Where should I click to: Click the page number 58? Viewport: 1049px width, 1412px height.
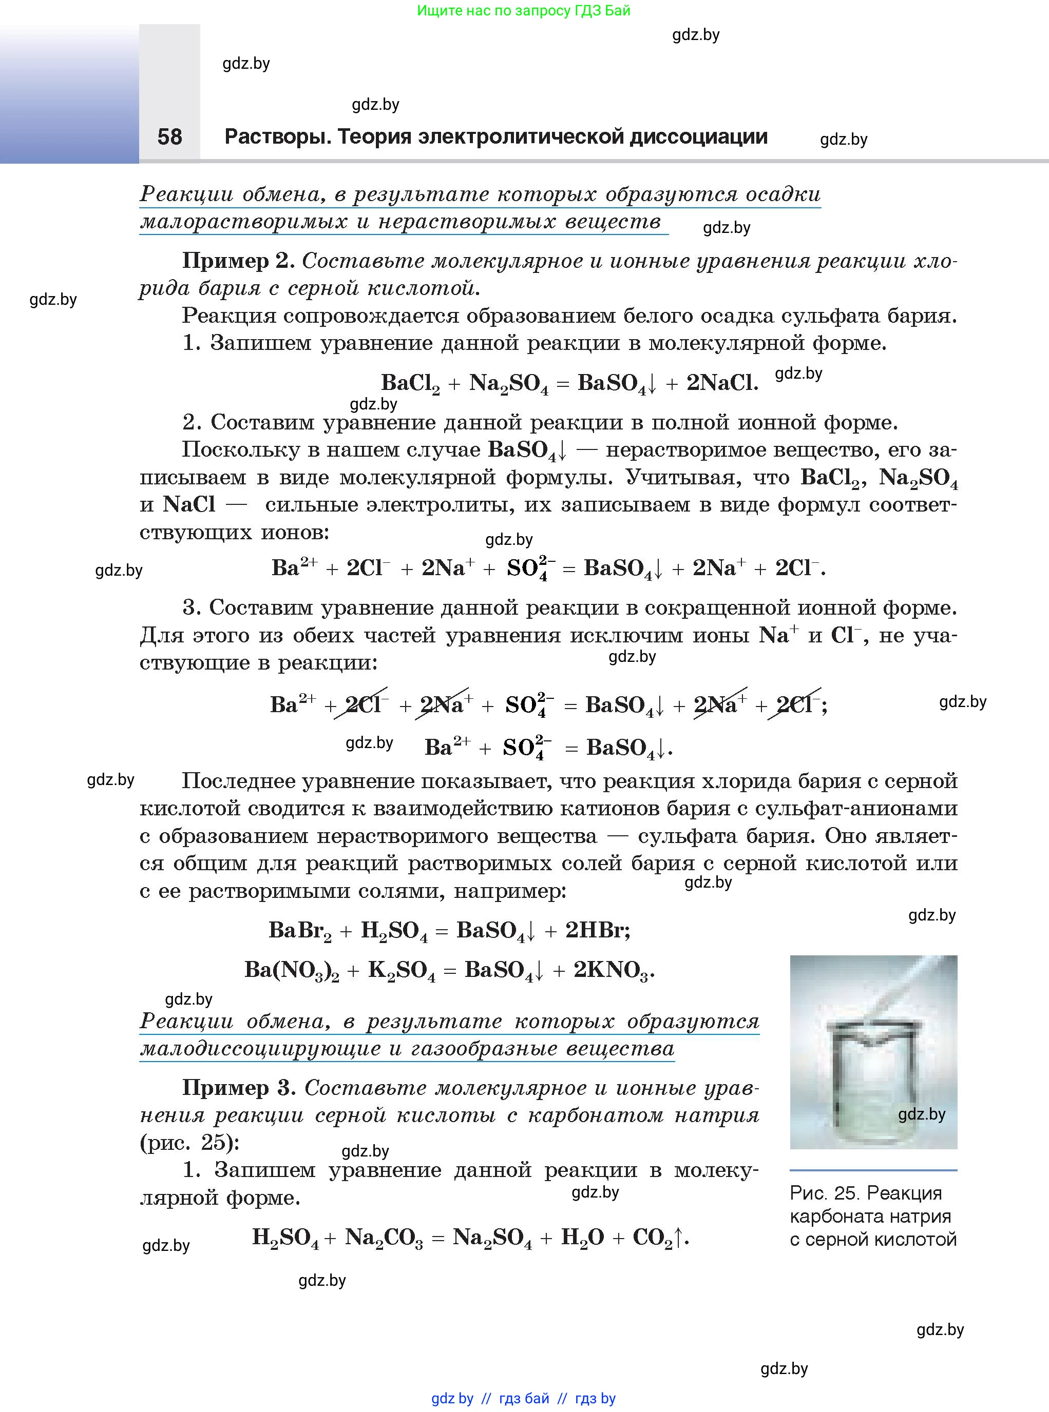click(169, 137)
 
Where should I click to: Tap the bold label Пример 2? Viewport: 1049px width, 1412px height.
click(238, 261)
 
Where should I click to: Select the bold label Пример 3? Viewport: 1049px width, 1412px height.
click(239, 1088)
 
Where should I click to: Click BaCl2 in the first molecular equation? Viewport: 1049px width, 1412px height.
click(410, 383)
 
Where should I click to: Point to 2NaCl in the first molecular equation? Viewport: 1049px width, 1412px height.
click(722, 383)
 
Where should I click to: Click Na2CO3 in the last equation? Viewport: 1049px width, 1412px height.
click(384, 1238)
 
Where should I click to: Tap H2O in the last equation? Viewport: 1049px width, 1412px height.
click(582, 1238)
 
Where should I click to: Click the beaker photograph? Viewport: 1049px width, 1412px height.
click(873, 1051)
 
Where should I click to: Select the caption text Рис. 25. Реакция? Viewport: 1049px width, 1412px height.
click(866, 1193)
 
